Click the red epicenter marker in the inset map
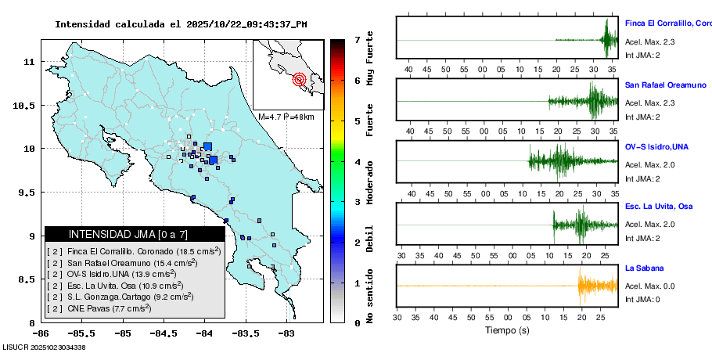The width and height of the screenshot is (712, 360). click(x=300, y=79)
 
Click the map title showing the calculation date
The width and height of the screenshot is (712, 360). click(x=181, y=24)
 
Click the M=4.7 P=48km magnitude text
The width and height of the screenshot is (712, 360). click(x=286, y=117)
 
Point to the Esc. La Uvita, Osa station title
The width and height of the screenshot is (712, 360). click(x=659, y=206)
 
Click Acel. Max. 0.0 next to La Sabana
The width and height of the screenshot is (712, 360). click(x=649, y=287)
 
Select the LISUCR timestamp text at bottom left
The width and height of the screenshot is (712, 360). click(x=44, y=347)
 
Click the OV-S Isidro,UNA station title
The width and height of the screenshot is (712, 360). click(x=656, y=145)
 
